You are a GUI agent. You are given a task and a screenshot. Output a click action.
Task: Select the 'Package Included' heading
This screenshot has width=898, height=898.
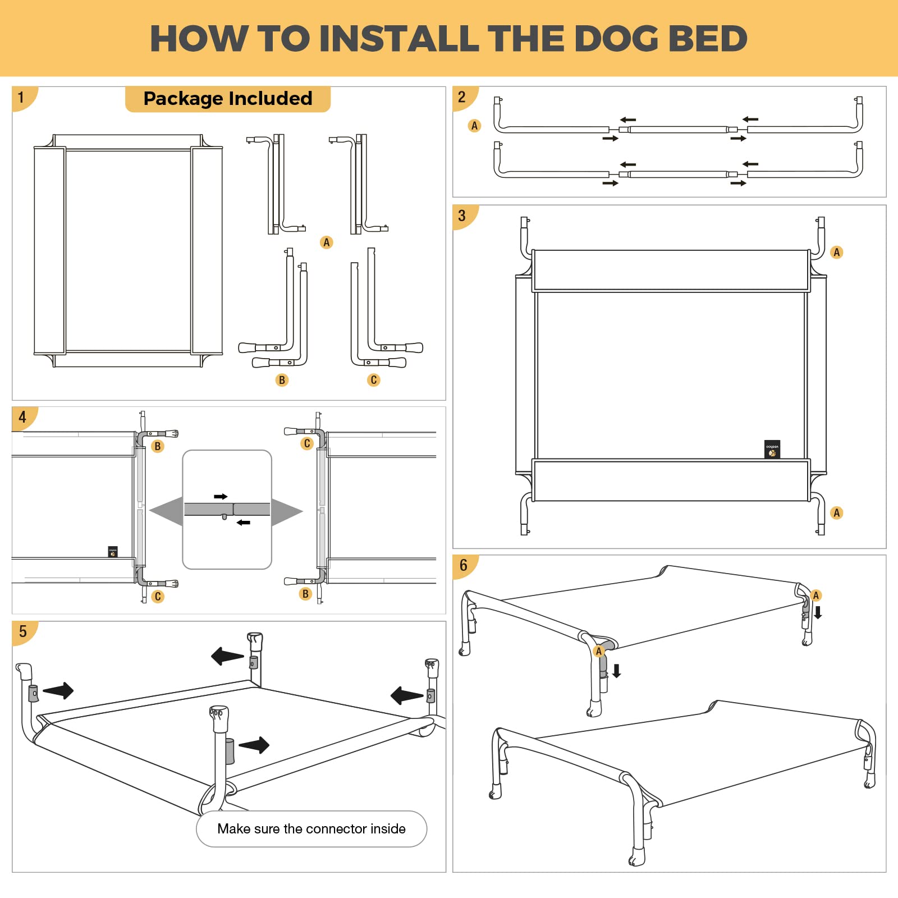coord(227,99)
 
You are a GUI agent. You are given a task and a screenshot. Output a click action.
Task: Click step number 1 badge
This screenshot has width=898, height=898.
coord(21,98)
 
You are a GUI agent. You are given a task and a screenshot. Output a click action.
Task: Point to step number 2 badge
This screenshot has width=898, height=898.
coord(462,98)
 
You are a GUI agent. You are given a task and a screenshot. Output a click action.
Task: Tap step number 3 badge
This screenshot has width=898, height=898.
coord(462,216)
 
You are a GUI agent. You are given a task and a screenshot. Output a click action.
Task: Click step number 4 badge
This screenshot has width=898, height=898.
coord(22,417)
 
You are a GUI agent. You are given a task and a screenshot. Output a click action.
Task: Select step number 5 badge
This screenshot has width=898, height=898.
coord(23,631)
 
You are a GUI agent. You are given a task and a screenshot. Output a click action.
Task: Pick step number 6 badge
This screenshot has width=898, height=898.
coord(463,565)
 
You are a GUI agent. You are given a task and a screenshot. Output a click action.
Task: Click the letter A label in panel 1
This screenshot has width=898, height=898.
coord(326,242)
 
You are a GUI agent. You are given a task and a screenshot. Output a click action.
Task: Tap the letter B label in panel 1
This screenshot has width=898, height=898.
coord(282,380)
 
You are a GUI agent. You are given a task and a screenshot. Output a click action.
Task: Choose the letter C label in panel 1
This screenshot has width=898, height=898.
coord(373,380)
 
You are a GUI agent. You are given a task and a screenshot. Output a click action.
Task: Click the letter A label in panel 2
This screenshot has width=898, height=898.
coord(474,126)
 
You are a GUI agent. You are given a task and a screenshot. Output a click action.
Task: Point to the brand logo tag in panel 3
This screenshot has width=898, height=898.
coord(772,449)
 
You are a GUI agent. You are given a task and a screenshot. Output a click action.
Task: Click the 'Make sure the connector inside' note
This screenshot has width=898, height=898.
coord(311,828)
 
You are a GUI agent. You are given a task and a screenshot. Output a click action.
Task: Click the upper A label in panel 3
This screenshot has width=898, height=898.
coord(836,252)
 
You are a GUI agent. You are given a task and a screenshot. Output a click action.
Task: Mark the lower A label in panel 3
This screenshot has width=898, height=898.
coord(836,512)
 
